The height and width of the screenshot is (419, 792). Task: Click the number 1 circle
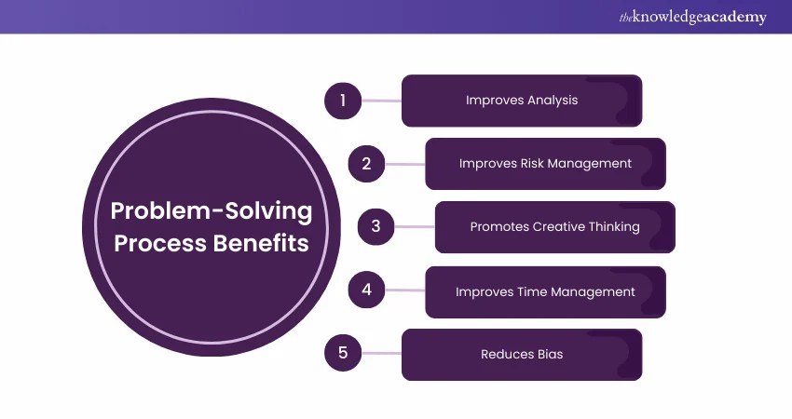click(x=343, y=101)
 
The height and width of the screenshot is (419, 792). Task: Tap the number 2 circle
click(x=367, y=164)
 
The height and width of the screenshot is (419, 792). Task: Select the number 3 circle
click(x=376, y=226)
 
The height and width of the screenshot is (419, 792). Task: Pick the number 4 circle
click(x=367, y=291)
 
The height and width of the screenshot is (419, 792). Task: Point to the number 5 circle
click(x=343, y=353)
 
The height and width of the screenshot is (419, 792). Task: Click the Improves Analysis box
click(x=522, y=101)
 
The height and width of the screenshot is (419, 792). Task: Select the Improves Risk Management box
click(x=545, y=164)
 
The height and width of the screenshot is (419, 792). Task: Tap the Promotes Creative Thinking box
click(x=554, y=226)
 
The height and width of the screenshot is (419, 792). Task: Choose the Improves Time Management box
click(x=545, y=291)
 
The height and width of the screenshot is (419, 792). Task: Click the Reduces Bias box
click(x=522, y=354)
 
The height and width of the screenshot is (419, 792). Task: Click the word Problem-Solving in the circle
click(x=212, y=210)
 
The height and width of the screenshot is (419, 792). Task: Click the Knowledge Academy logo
click(x=693, y=17)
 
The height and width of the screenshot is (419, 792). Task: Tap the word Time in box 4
click(x=526, y=291)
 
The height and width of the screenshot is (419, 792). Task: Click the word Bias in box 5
click(x=548, y=354)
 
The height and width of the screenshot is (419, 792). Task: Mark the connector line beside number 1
click(x=381, y=101)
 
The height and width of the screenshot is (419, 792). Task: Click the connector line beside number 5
click(x=381, y=354)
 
